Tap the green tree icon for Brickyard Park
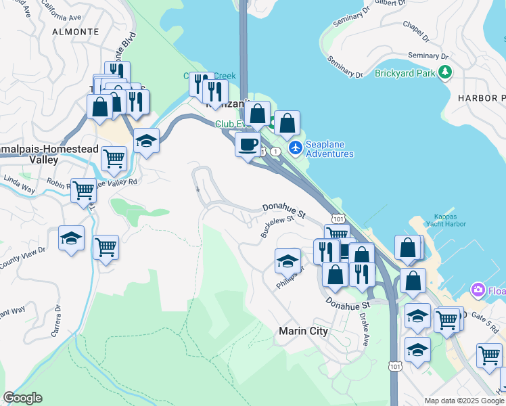point(444,72)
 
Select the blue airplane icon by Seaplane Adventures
point(295,147)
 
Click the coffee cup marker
point(248,144)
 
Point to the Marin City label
point(303,331)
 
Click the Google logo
point(22,398)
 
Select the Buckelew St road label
point(277,226)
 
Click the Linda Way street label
point(18,183)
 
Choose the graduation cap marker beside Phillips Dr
point(287,261)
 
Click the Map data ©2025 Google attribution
point(464,401)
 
